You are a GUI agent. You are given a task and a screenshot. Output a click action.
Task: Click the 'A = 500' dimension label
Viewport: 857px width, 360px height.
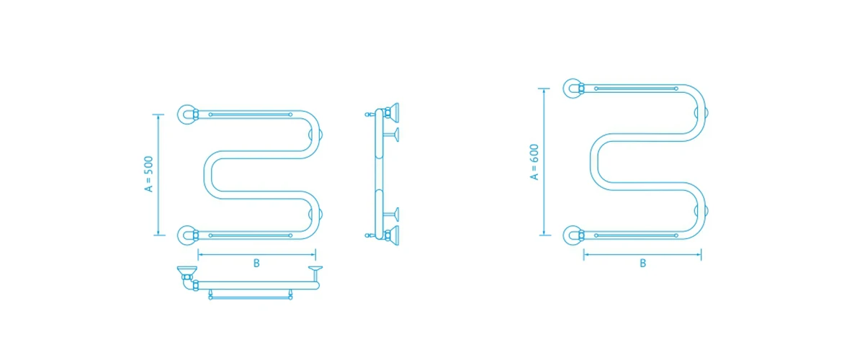[148, 174]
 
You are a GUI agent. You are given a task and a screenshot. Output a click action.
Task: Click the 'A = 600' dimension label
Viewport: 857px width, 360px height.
[534, 162]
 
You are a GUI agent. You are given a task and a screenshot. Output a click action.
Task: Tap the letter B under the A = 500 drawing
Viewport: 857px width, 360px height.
[256, 264]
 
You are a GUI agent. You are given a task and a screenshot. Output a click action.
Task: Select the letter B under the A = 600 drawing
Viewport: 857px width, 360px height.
[642, 264]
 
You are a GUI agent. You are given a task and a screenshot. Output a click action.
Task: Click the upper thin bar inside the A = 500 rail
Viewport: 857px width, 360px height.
[250, 114]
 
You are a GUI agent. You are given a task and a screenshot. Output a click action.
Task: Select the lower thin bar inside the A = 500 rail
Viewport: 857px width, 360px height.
[250, 235]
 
